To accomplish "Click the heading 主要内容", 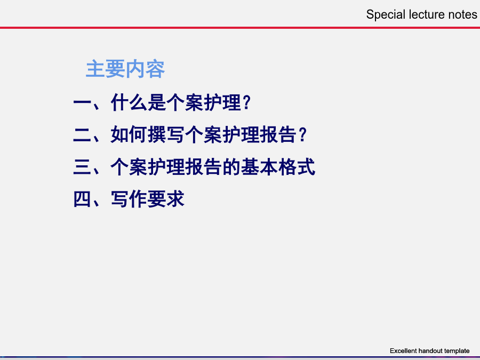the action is [x=125, y=69].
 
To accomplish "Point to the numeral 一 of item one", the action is [x=82, y=102].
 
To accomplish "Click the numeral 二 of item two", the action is [x=82, y=135].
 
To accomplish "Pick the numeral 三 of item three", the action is [x=82, y=167].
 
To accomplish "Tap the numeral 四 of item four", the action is [x=82, y=199].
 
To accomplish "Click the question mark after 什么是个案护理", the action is [x=247, y=102].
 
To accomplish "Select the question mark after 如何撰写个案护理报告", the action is [x=303, y=135].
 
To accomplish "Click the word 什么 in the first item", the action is [x=129, y=102].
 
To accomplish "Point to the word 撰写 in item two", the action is [x=166, y=135].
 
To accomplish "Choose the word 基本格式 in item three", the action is [x=278, y=167].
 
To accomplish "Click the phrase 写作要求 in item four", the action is [x=148, y=199].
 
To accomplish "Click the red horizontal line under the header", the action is [x=240, y=28].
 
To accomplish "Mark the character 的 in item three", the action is [x=231, y=167].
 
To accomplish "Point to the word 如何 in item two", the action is [x=129, y=135].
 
